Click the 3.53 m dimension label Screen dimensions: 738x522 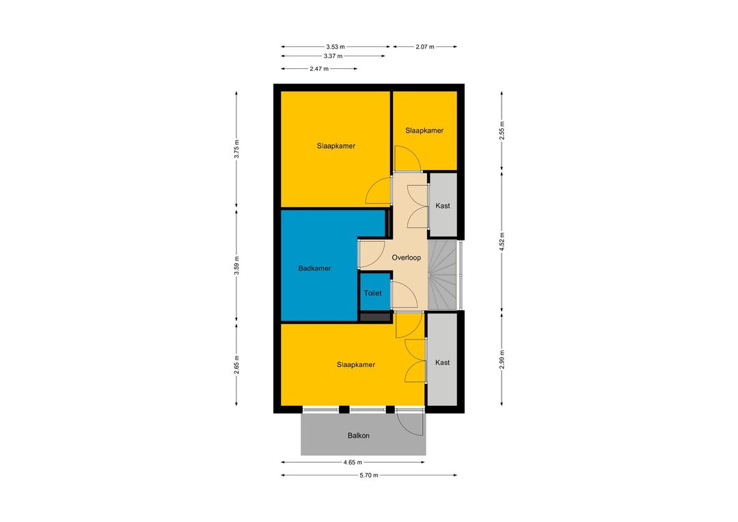tap(335, 46)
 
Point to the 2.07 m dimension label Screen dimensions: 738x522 tap(424, 46)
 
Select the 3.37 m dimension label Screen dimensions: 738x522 tap(333, 56)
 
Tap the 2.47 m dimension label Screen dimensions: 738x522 tap(319, 69)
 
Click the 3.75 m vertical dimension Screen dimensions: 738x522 tap(236, 149)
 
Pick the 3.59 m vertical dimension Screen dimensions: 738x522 tap(236, 266)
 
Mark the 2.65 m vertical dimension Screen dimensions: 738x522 tap(236, 365)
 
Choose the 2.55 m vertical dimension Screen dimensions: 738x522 tap(502, 130)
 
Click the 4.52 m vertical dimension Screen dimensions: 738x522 tap(502, 241)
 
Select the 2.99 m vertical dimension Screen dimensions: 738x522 tap(502, 359)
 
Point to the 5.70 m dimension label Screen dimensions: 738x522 tap(368, 476)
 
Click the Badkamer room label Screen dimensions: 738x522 tap(314, 269)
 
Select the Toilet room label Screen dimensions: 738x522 tap(373, 293)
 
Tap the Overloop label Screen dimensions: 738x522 tap(406, 258)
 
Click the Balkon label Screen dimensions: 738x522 tap(358, 435)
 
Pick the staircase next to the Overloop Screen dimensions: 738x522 tap(442, 275)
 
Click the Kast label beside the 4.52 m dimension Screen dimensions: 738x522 tap(442, 206)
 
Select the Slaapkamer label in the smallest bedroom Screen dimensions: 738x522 tap(424, 130)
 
